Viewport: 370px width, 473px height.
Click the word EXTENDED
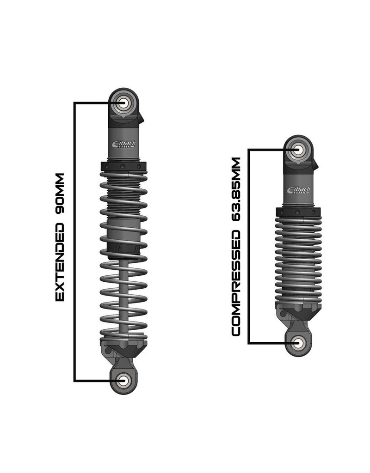60,261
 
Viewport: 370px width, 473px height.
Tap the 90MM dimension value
60,193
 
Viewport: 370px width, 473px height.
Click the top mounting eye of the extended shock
123,103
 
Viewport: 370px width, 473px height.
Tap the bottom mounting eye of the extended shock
123,380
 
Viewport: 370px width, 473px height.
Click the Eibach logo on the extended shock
123,144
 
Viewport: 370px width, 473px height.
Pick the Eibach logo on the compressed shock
299,190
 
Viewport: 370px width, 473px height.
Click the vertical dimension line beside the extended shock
75,240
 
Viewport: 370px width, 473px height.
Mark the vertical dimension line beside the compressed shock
249,245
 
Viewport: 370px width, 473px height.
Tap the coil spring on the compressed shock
299,259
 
